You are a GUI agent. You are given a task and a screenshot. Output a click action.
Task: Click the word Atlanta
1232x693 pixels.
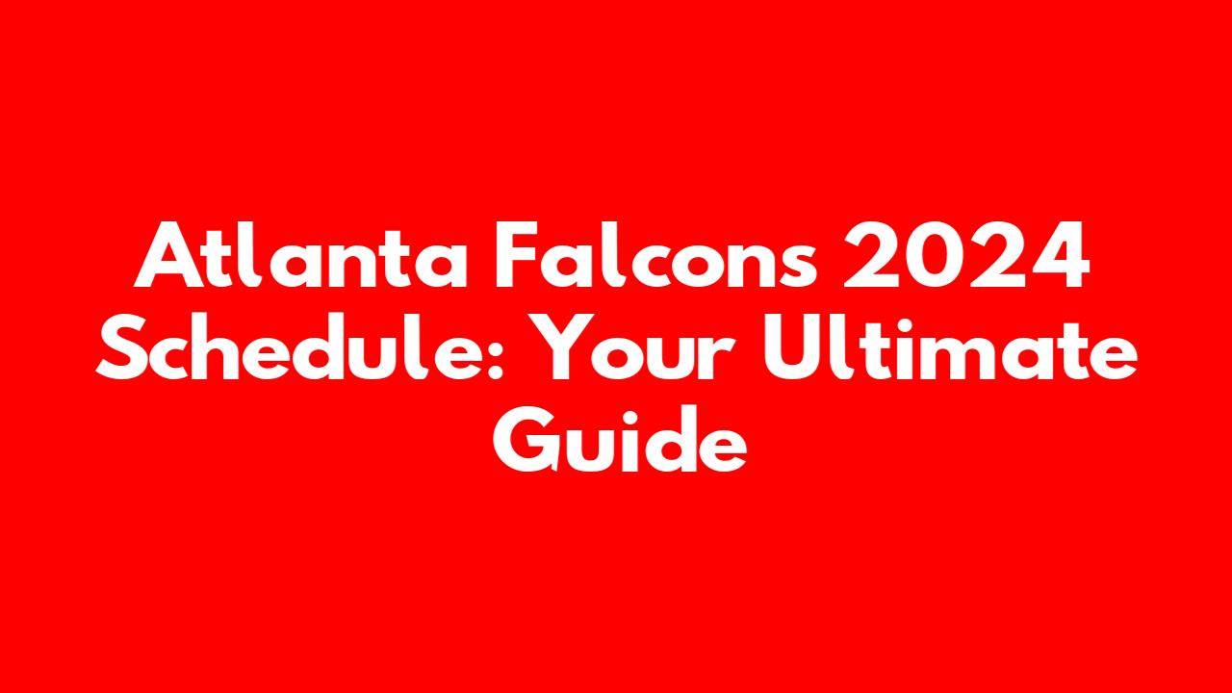(301, 254)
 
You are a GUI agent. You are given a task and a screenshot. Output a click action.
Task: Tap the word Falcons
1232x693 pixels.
(656, 254)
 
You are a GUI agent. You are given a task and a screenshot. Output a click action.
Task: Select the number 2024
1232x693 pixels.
(966, 254)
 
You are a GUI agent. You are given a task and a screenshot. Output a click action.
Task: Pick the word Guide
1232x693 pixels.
(620, 438)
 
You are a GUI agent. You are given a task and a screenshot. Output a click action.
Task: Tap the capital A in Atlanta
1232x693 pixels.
(170, 256)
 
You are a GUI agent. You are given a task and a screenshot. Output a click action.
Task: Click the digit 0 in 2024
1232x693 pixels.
(937, 255)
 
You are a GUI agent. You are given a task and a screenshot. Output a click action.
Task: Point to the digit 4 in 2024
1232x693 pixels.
(1060, 256)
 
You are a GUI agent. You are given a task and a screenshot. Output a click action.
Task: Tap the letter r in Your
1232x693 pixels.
(721, 356)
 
